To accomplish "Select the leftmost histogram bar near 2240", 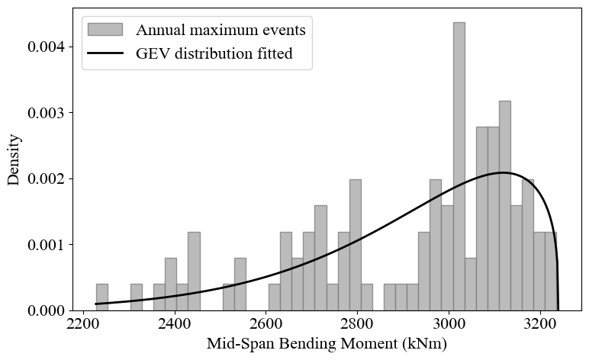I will (x=101, y=297).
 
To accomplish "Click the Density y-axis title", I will (x=14, y=159).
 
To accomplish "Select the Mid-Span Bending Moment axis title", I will (x=327, y=344).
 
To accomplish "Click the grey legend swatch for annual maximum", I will (x=105, y=30).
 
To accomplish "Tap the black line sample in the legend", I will (x=105, y=54).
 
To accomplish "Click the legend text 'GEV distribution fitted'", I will (x=214, y=54).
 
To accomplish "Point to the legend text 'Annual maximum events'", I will (x=220, y=31).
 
